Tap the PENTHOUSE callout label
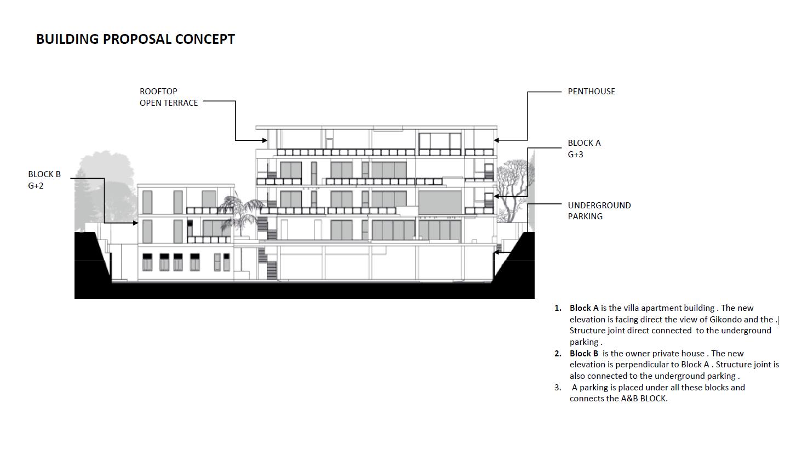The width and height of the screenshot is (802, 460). (591, 92)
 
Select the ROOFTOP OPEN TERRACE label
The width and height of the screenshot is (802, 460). (168, 97)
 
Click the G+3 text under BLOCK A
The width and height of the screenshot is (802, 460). (575, 155)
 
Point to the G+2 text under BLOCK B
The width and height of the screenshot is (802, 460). (36, 186)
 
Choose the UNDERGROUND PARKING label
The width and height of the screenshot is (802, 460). (599, 211)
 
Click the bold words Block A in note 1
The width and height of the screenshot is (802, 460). (584, 308)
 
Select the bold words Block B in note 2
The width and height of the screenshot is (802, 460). (584, 354)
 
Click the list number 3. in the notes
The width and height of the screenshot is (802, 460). (558, 388)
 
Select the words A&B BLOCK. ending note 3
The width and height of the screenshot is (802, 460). (644, 399)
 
